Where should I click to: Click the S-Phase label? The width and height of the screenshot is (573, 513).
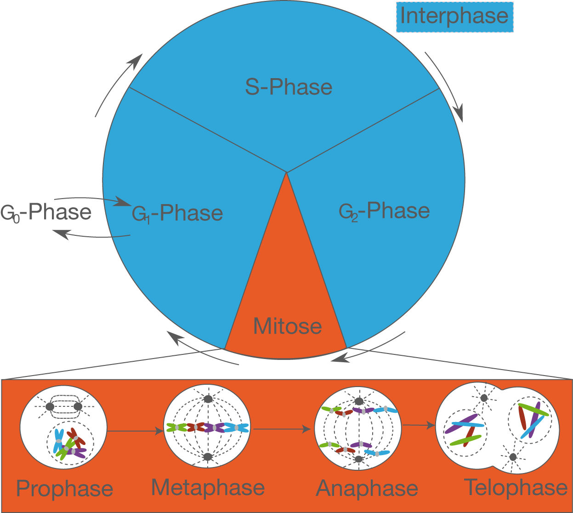(x=289, y=87)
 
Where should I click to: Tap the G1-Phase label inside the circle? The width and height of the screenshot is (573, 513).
(x=177, y=213)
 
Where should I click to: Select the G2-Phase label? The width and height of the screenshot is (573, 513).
(x=384, y=211)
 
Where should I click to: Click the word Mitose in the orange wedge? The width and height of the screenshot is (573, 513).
(x=287, y=326)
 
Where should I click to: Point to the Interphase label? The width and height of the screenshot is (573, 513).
(x=454, y=16)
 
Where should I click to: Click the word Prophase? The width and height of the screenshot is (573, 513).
(x=65, y=488)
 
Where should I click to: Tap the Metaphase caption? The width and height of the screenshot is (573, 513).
(x=208, y=487)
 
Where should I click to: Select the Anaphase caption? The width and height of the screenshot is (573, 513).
(x=367, y=488)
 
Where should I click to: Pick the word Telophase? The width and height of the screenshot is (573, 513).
(x=516, y=487)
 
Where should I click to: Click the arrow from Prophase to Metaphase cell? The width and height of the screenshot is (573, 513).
(x=135, y=431)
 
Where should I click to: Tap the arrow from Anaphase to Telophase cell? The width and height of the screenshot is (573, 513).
(x=418, y=425)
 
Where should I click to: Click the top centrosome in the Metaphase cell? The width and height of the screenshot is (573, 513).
(x=208, y=399)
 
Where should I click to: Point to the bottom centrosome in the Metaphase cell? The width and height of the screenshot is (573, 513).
(x=208, y=456)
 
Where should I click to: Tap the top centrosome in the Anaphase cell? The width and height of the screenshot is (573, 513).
(x=359, y=402)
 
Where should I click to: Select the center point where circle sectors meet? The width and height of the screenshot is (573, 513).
(x=287, y=172)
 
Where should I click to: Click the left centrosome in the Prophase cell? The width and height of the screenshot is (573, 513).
(x=50, y=407)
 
